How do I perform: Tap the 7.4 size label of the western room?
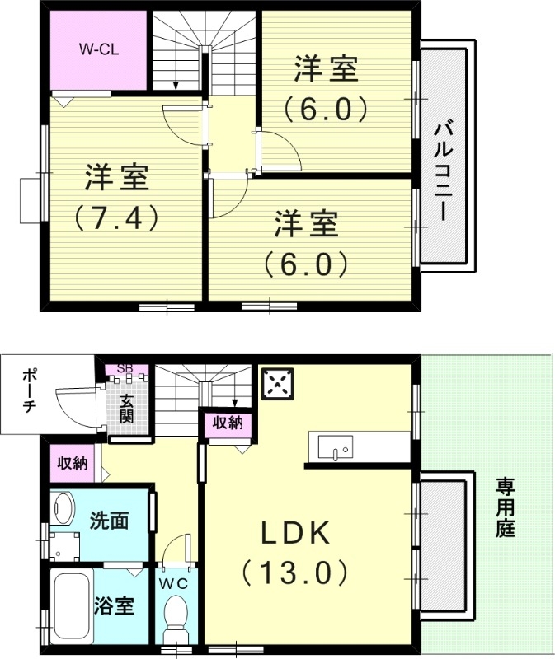115,217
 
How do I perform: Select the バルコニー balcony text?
445,170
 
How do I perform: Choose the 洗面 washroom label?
109,521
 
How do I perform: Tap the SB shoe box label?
126,368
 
